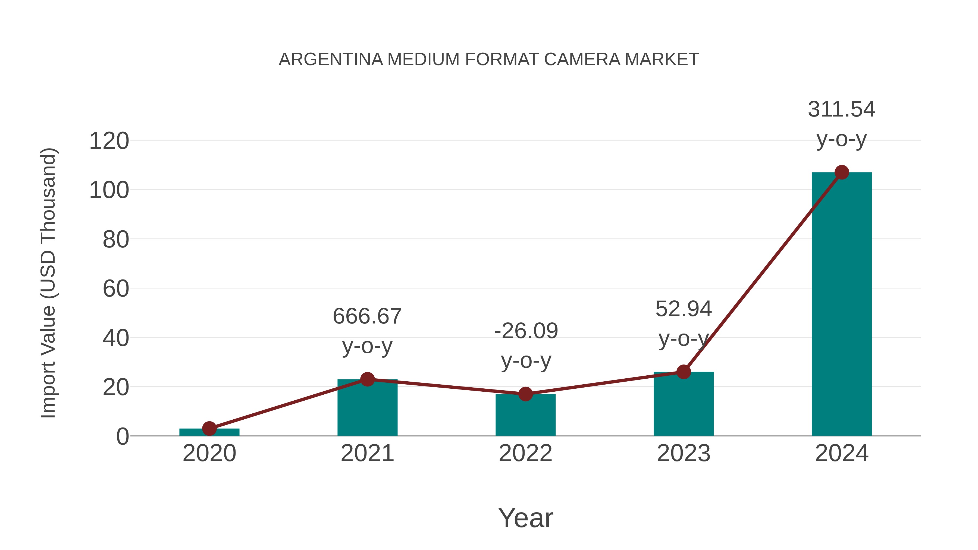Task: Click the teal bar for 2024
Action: click(x=841, y=304)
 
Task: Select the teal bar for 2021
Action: click(x=367, y=408)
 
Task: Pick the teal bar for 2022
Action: click(x=525, y=415)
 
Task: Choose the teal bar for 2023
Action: click(x=684, y=404)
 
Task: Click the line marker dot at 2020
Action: click(x=209, y=429)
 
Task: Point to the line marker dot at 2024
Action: click(x=841, y=172)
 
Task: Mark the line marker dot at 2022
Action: click(x=525, y=394)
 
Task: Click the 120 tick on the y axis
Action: click(x=109, y=141)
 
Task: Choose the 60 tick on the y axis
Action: click(x=116, y=289)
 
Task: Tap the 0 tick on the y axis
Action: click(x=123, y=436)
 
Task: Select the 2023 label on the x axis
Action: click(x=684, y=454)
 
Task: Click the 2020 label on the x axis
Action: click(x=209, y=454)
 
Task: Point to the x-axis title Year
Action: click(x=525, y=518)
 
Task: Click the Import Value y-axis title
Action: click(x=49, y=283)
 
